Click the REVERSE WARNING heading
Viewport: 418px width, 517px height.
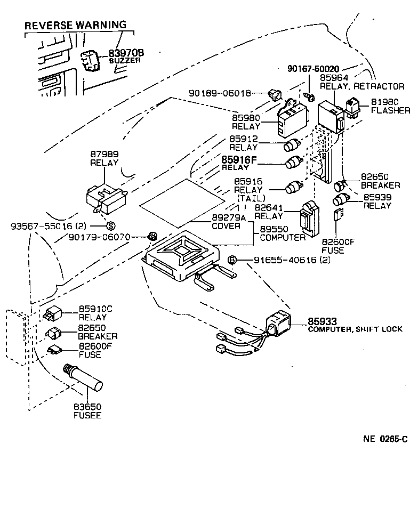[x=76, y=25]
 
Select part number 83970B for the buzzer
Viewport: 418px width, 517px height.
[x=126, y=53]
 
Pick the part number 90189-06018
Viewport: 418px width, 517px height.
[x=220, y=93]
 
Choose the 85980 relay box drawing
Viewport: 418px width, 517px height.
[x=291, y=120]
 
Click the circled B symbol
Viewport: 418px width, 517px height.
[x=232, y=260]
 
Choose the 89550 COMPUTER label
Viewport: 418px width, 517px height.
[x=282, y=233]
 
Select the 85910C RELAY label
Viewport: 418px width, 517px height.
[x=96, y=313]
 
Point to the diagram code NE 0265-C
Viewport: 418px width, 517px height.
[x=385, y=439]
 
